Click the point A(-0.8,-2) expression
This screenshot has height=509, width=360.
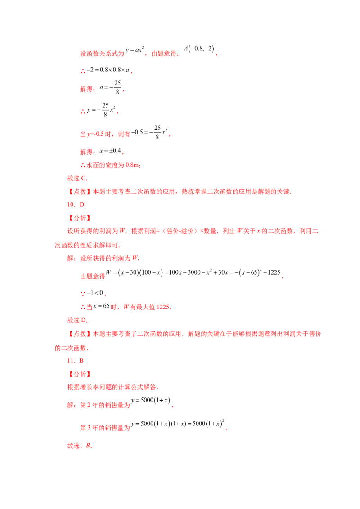[x=199, y=49]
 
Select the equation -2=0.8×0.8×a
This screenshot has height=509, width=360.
[x=108, y=70]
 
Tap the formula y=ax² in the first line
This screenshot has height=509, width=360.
[x=135, y=50]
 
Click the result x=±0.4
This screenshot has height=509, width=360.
[x=110, y=151]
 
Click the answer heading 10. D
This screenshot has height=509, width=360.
[x=76, y=205]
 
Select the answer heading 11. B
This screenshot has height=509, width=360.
[x=76, y=361]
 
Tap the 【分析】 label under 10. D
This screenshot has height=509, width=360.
[x=79, y=218]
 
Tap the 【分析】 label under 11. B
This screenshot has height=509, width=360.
[x=79, y=374]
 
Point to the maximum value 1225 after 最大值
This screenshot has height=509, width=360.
[x=163, y=307]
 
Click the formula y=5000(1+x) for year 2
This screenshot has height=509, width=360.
[x=151, y=400]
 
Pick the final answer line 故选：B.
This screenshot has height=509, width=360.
[x=80, y=446]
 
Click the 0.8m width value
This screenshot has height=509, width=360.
[x=133, y=165]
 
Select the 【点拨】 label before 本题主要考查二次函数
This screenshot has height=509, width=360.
[x=79, y=192]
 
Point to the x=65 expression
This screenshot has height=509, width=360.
[x=101, y=306]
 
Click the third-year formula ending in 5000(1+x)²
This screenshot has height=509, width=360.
[x=178, y=423]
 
